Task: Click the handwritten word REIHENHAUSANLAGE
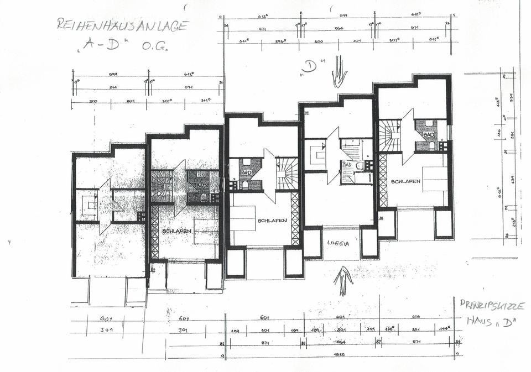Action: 123,25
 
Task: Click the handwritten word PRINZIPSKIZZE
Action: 492,305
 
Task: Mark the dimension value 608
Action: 416,317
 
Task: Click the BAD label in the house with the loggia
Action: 347,164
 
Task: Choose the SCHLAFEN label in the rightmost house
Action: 405,181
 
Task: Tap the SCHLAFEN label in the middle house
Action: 272,220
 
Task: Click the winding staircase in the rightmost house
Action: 389,136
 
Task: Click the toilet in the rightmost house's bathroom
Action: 432,145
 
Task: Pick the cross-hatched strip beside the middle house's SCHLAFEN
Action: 295,218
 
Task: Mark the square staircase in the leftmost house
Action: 88,205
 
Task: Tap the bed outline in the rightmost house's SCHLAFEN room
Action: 435,180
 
